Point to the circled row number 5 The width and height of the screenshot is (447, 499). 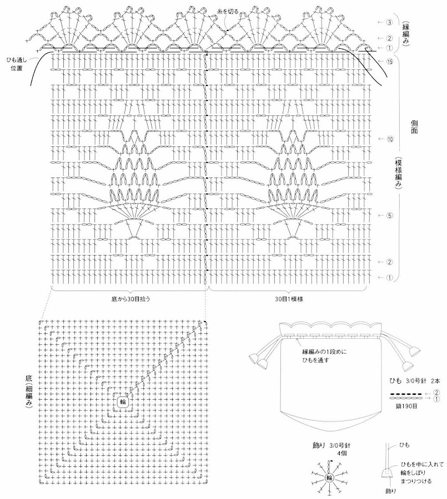click(x=390, y=215)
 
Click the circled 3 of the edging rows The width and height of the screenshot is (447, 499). click(x=389, y=22)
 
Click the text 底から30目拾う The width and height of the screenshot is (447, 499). click(x=130, y=298)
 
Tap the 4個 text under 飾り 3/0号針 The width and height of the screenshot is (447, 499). click(x=340, y=453)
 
